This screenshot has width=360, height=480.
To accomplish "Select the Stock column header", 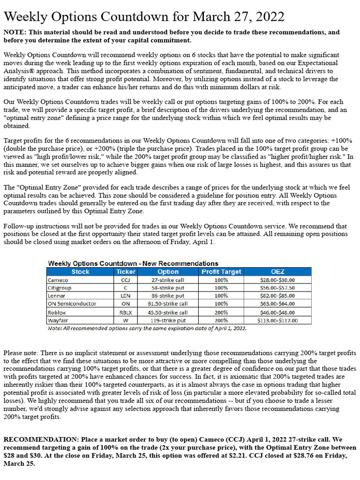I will tap(80, 271).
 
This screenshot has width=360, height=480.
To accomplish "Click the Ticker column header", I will tap(125, 271).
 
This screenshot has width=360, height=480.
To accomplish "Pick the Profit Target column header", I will tap(221, 271).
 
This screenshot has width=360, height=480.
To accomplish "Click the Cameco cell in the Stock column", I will tap(58, 280).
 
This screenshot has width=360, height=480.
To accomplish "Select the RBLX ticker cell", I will tap(125, 312).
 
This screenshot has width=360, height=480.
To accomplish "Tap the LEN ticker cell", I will tap(125, 296).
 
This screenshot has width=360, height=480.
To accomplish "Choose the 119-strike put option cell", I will tap(168, 321).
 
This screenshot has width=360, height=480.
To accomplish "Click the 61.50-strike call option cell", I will tap(168, 304).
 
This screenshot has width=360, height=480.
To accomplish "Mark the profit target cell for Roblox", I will tap(221, 312).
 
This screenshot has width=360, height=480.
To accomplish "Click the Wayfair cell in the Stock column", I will tap(58, 321).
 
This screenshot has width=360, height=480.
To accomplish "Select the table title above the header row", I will tap(133, 263).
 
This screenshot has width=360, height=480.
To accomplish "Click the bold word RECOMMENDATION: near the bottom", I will tap(41, 440).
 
